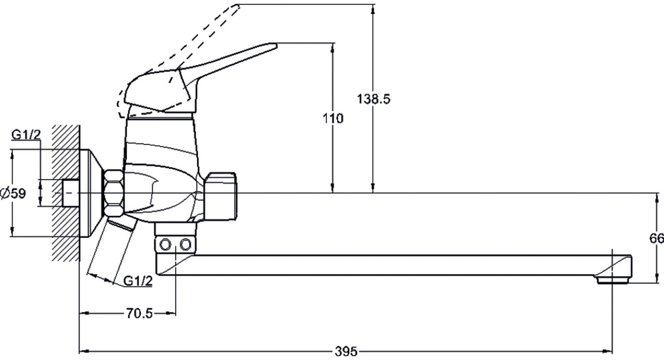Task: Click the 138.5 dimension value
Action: coord(373,99)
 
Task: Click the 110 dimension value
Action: coord(333,118)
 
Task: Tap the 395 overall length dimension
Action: coord(346,351)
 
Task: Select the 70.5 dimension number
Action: coord(139,313)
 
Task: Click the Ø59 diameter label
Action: coord(13,193)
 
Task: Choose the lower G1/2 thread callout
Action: coord(138,281)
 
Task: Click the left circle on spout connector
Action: coord(165,245)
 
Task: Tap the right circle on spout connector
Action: coord(186,245)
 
